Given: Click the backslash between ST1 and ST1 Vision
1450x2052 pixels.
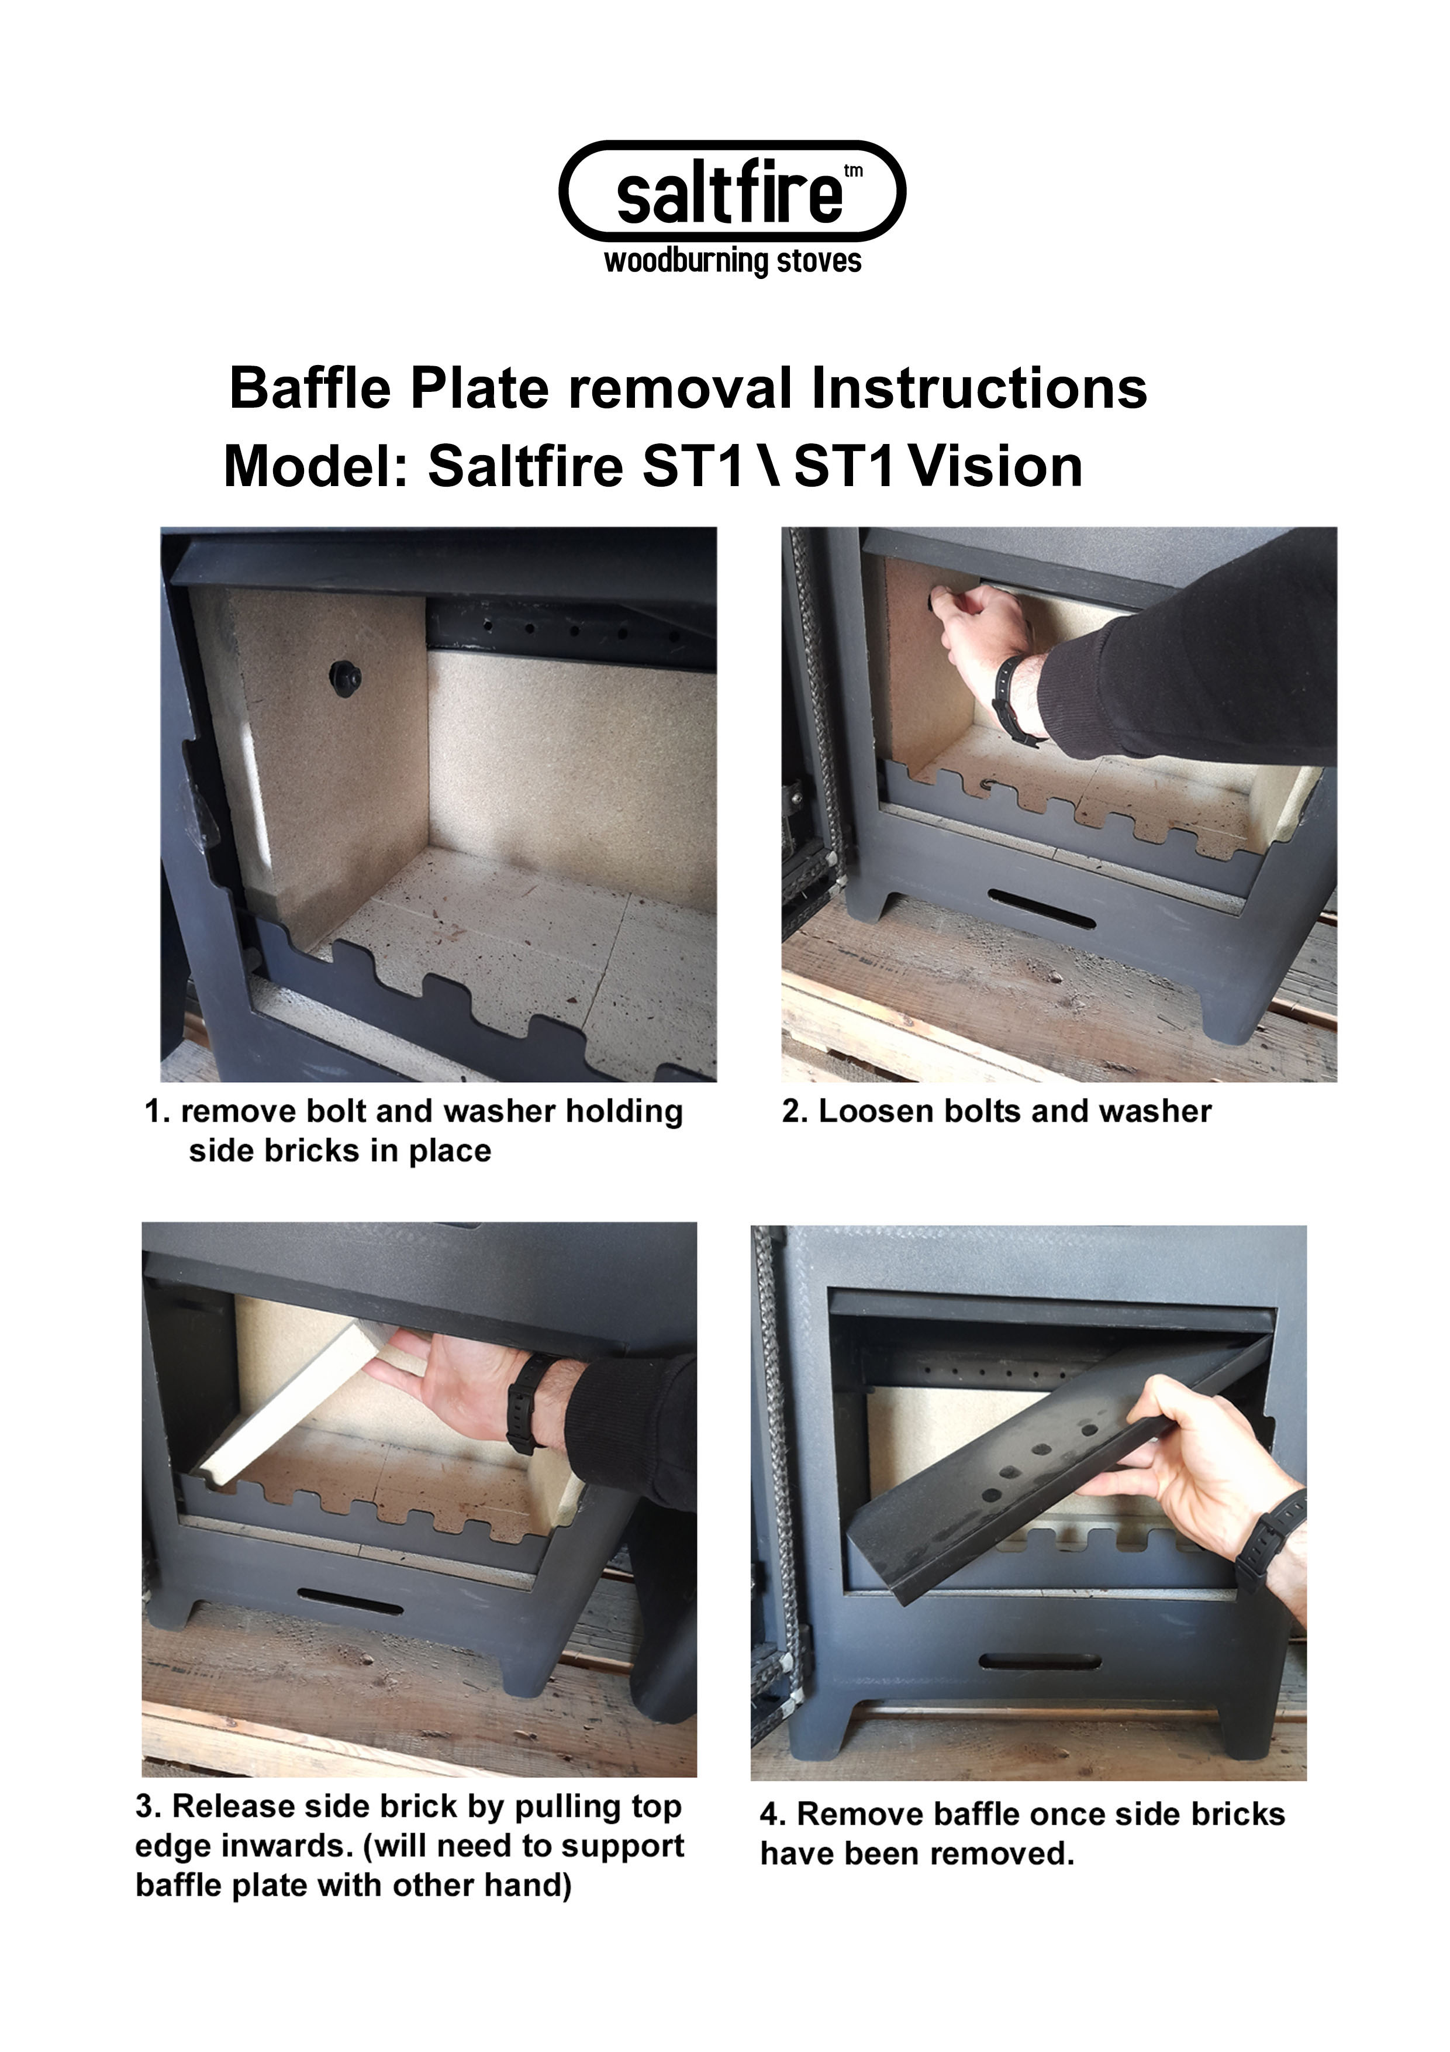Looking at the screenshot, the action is [770, 467].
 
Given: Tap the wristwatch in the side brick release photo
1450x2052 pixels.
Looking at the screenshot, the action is [525, 1404].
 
